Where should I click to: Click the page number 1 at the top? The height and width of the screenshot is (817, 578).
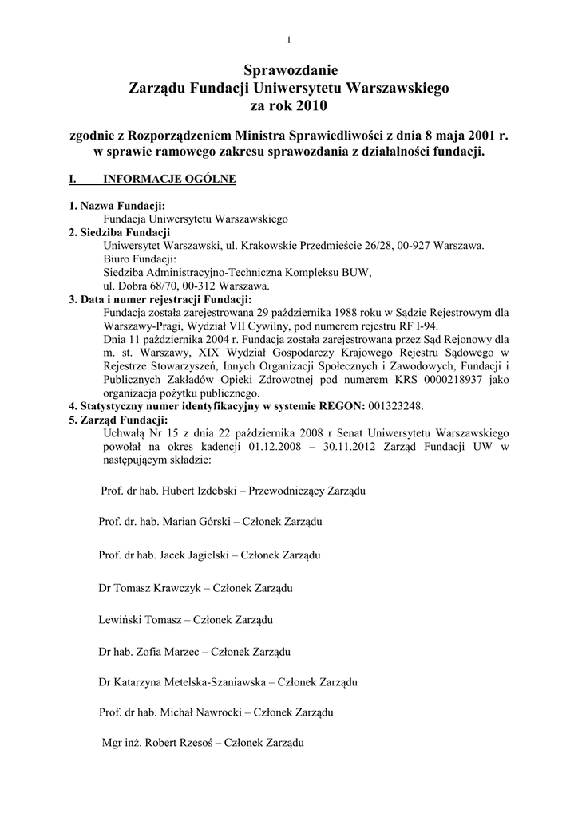[x=289, y=40]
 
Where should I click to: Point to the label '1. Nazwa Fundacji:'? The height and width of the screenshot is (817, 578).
[x=117, y=206]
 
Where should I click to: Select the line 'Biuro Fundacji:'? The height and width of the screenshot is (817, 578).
[x=140, y=259]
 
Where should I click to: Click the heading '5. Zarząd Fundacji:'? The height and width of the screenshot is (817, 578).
[x=119, y=420]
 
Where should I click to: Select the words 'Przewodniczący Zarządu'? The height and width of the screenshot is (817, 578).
[x=307, y=491]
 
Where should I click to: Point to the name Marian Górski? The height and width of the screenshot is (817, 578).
[x=196, y=522]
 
